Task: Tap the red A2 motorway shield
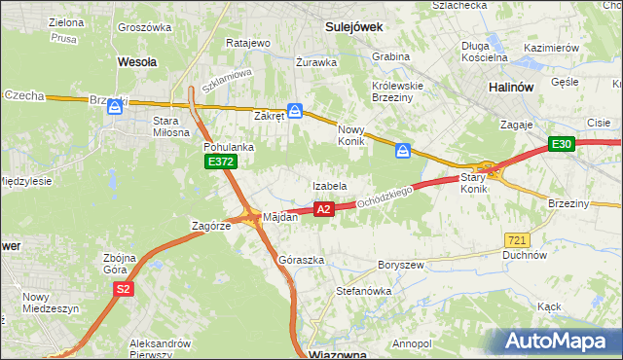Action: coord(325,208)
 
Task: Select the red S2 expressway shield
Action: coord(123,289)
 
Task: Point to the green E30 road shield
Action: coord(561,144)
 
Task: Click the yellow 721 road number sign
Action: coord(517,239)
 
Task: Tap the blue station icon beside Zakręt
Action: coord(295,111)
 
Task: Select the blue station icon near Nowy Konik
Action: coord(403,151)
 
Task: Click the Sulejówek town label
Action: coord(353,28)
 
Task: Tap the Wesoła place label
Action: coord(137,60)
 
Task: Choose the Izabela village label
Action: coord(330,185)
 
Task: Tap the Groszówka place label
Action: coord(145,27)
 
